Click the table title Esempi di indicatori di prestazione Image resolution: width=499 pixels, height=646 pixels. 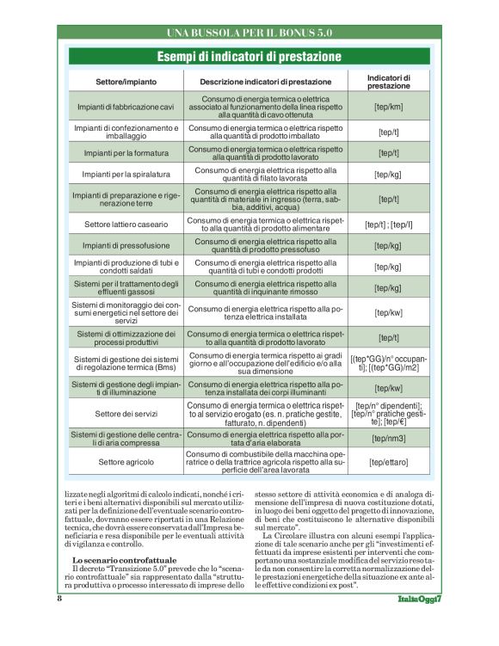click(x=249, y=57)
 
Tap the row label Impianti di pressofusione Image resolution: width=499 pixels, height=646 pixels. click(x=126, y=245)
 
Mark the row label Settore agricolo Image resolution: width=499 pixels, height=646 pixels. click(x=126, y=463)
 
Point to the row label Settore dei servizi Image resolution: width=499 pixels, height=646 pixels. click(x=126, y=414)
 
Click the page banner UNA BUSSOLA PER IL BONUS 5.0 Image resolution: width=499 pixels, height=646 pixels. click(x=249, y=34)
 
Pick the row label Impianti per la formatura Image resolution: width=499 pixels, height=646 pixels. click(x=126, y=153)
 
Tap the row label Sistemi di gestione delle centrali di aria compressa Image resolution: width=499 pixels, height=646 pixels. click(x=126, y=439)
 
